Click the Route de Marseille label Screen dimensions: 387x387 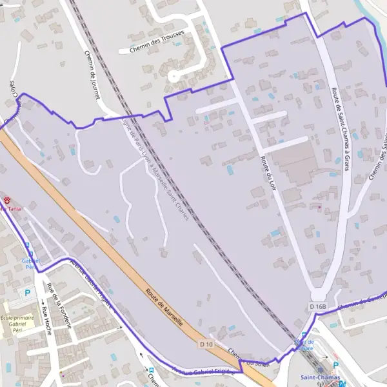tap(164, 306)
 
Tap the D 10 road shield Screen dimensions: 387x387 tap(206, 344)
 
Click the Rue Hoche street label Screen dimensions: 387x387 tap(46, 321)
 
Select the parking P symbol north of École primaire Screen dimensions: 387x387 tap(27, 292)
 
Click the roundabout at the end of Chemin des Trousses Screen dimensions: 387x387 tap(174, 76)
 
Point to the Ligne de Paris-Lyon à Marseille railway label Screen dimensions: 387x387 tap(158, 171)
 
